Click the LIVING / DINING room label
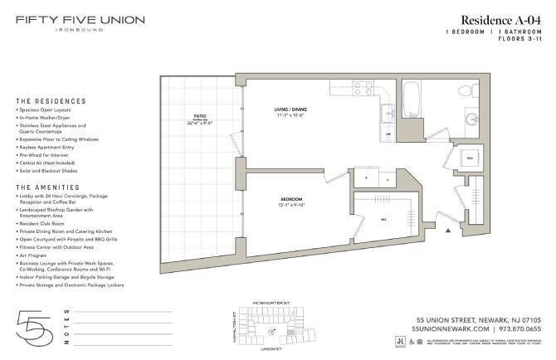293,109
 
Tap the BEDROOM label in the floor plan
290,200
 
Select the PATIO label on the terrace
199,117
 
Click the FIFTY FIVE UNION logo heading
80,19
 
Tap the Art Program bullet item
37,256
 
